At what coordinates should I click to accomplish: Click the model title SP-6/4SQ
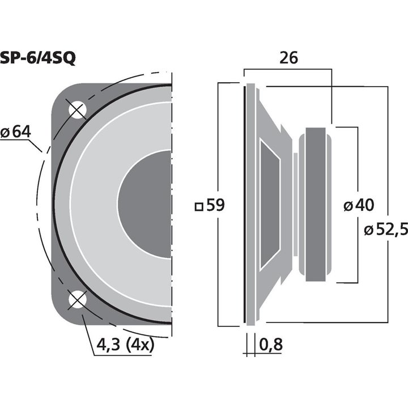(x=38, y=58)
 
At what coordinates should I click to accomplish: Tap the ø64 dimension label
(x=15, y=131)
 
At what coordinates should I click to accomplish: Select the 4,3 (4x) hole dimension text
(x=123, y=344)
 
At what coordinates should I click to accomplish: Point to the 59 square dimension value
(x=216, y=206)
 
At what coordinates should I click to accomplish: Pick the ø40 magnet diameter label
(x=361, y=206)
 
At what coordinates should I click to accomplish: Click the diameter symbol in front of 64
(x=5, y=132)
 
